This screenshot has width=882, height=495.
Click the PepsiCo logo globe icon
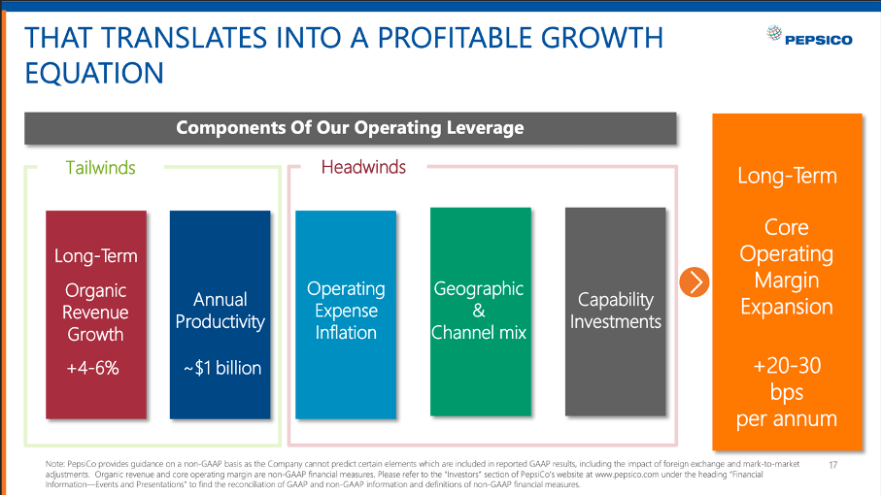click(773, 37)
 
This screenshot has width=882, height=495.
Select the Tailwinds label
click(100, 168)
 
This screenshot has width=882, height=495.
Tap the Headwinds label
click(363, 167)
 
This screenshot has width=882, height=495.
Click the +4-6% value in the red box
click(92, 368)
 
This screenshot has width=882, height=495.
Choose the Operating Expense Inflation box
click(346, 311)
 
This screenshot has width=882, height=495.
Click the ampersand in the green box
click(478, 311)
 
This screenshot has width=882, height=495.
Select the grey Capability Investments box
click(615, 311)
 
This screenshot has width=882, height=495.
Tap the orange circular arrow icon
click(694, 281)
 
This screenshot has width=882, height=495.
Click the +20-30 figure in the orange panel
click(786, 367)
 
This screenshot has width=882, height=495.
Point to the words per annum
click(786, 419)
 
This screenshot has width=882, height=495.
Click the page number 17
click(832, 465)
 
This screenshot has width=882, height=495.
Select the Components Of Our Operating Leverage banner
click(350, 128)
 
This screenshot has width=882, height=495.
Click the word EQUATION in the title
click(93, 73)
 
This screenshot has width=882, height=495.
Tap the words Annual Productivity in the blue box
click(220, 311)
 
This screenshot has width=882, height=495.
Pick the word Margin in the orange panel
click(786, 280)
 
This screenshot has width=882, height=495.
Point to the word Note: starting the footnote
click(56, 465)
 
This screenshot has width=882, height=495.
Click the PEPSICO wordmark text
click(820, 40)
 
